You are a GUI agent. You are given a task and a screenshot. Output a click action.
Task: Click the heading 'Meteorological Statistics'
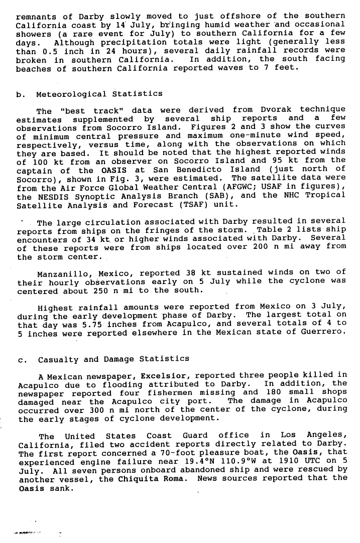pyautogui.click(x=99, y=94)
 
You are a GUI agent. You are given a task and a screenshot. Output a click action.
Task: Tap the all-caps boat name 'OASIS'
pyautogui.click(x=117, y=170)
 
